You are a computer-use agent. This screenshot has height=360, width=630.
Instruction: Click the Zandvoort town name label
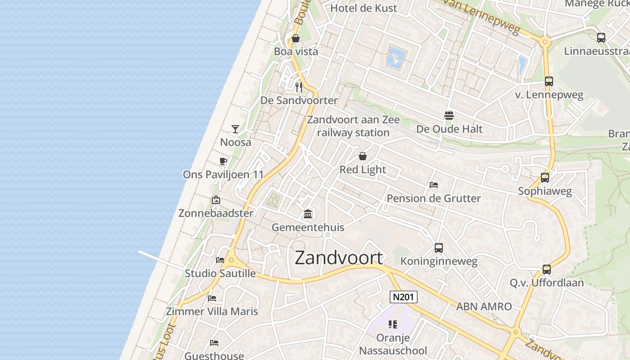[339, 257]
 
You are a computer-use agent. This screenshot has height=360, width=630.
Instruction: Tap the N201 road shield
[403, 297]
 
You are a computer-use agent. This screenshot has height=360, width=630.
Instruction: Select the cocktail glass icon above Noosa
[235, 129]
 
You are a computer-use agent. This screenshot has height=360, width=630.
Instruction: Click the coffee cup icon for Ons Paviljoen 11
[223, 161]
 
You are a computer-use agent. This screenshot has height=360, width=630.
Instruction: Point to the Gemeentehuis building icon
[308, 214]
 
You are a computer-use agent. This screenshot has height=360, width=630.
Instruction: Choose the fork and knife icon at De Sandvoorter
[298, 87]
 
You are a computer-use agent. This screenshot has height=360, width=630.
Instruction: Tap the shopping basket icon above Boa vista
[296, 38]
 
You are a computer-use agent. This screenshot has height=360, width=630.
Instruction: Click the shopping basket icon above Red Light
[362, 156]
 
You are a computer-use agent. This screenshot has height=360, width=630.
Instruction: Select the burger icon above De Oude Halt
[449, 116]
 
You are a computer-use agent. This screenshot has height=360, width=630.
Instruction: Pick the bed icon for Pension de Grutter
[434, 185]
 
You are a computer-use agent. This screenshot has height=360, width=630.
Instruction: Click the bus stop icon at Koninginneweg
[438, 248]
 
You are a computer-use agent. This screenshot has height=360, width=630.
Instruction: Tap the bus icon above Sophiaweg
[544, 178]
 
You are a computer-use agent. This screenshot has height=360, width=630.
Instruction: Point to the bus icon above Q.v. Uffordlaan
[546, 270]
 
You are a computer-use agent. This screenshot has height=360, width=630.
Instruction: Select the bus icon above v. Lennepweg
[549, 81]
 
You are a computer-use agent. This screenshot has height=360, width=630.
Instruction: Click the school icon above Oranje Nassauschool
[393, 324]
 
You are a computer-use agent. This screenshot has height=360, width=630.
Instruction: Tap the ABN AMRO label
[484, 306]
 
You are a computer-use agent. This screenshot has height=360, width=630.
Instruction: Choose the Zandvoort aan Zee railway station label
[353, 126]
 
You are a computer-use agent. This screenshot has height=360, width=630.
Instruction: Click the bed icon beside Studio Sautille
[220, 260]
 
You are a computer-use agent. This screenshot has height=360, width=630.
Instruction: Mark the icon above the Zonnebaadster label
[216, 200]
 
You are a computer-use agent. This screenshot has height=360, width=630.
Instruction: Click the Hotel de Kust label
[364, 8]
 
